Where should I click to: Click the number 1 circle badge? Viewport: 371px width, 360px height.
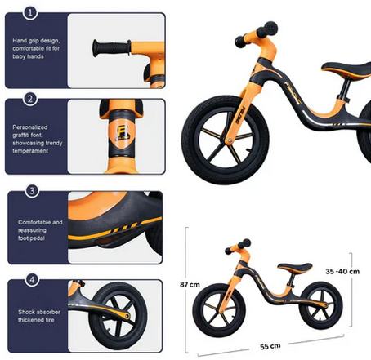click(30, 12)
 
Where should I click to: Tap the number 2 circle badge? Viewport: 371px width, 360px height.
click(30, 99)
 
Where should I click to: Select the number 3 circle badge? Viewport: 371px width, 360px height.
click(32, 191)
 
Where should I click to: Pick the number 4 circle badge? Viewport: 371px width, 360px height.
click(32, 280)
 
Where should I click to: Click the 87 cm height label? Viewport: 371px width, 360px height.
click(190, 285)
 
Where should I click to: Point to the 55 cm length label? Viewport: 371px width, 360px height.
click(270, 346)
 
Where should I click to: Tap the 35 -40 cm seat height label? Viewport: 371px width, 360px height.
click(342, 271)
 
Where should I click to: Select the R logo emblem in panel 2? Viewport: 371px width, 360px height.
click(120, 133)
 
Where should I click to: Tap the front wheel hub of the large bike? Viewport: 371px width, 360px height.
click(230, 140)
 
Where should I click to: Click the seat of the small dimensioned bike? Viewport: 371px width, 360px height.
click(295, 268)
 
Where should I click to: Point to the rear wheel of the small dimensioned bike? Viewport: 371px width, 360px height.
click(321, 305)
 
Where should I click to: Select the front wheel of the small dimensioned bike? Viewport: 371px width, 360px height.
click(219, 310)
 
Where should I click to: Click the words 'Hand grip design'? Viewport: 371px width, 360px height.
click(36, 41)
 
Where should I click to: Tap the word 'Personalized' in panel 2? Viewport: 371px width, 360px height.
click(30, 127)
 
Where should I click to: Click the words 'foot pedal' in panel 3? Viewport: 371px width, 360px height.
click(31, 238)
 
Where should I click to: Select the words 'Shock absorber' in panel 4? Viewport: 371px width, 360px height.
click(39, 312)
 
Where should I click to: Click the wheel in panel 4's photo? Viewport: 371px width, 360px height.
click(118, 316)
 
